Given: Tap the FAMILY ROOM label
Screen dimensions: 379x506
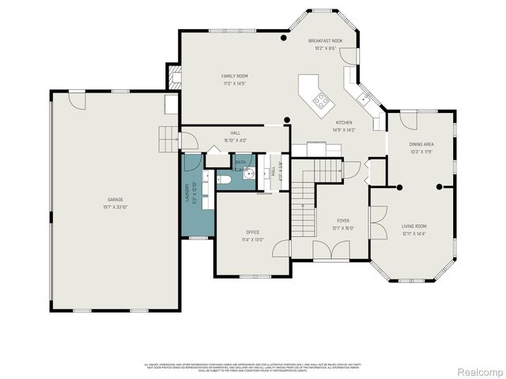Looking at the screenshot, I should click(234, 76).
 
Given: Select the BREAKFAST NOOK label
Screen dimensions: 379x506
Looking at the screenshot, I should click(325, 40).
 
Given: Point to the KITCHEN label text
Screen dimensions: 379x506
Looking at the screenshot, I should click(344, 122).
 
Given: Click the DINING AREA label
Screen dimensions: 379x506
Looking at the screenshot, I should click(421, 144).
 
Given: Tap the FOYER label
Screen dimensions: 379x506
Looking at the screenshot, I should click(343, 220).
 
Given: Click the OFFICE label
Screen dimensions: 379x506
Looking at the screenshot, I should click(253, 232).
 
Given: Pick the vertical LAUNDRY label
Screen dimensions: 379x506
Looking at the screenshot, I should click(187, 193).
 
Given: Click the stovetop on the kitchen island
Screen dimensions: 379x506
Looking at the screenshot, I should click(322, 100).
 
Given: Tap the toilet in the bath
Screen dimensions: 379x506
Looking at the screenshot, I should click(224, 180).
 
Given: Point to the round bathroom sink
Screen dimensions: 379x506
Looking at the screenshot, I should click(247, 175).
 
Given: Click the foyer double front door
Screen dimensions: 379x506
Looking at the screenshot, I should click(330, 251).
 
